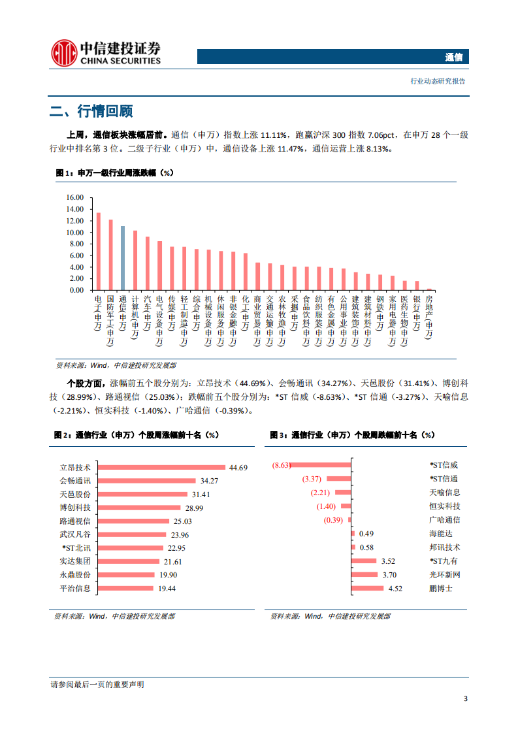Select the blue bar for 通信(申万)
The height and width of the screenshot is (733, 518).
click(123, 257)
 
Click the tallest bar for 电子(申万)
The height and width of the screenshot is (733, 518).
click(99, 251)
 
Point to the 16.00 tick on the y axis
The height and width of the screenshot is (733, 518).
click(75, 197)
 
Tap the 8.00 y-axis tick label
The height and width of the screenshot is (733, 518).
click(76, 244)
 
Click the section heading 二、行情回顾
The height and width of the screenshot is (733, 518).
click(91, 111)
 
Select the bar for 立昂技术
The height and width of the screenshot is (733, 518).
click(160, 467)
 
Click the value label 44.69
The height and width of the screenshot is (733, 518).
click(238, 467)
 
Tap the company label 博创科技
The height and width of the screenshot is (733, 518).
click(75, 508)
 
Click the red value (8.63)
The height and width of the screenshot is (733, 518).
click(281, 465)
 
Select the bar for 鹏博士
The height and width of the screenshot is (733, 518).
click(368, 588)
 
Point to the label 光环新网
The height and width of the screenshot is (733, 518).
click(445, 575)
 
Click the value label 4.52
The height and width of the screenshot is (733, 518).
click(395, 589)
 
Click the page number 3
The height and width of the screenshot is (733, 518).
click(465, 698)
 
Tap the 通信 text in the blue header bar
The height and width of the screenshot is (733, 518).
click(453, 57)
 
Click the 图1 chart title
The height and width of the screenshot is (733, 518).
click(114, 172)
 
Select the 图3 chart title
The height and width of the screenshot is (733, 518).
click(353, 434)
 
